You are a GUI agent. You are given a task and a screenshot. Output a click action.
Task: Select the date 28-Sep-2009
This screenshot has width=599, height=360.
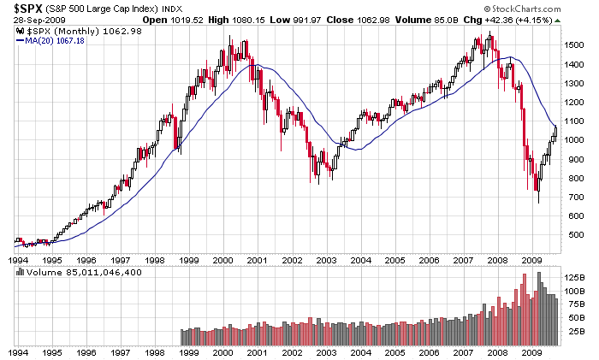pyautogui.click(x=34, y=20)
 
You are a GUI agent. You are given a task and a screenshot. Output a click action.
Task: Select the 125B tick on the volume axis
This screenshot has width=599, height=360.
pyautogui.click(x=573, y=278)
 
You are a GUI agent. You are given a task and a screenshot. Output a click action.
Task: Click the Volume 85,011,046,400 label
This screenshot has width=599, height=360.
pyautogui.click(x=84, y=272)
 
